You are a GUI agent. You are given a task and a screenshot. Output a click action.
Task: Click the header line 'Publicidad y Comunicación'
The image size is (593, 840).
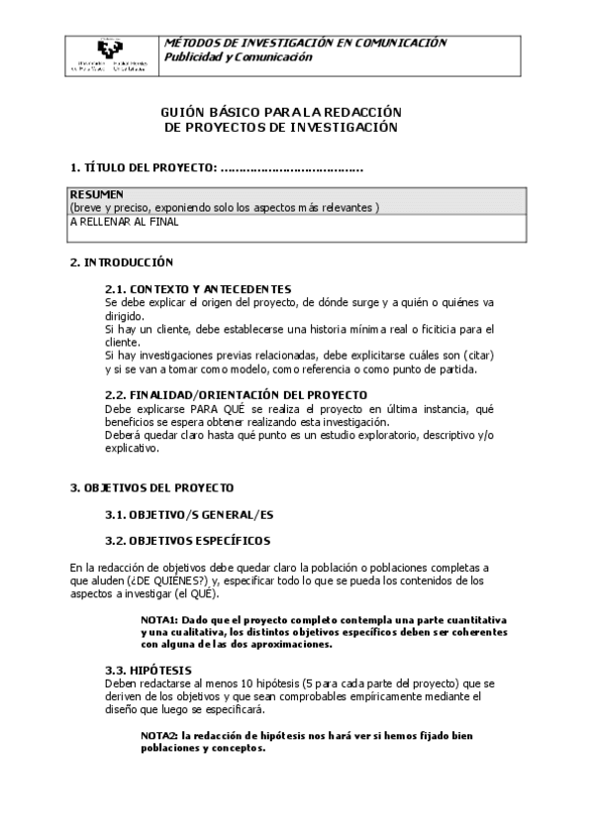click(x=238, y=57)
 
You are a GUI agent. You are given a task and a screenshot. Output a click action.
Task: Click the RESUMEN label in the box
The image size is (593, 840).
click(x=96, y=194)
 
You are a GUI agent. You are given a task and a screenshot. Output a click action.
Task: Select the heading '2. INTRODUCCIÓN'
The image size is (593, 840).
click(x=122, y=262)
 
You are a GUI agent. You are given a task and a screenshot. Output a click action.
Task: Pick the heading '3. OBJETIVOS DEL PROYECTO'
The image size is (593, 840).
click(x=151, y=488)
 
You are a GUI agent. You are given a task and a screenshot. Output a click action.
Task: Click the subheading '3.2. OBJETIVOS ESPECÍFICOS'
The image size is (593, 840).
click(x=187, y=541)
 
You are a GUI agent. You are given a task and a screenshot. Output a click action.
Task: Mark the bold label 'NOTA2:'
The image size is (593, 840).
click(x=158, y=736)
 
